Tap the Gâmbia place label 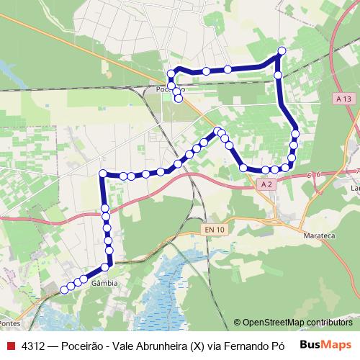pyautogui.click(x=104, y=284)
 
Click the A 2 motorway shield pyautogui.click(x=266, y=184)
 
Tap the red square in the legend pyautogui.click(x=11, y=345)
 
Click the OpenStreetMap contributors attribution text pyautogui.click(x=297, y=322)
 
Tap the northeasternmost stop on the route pyautogui.click(x=282, y=50)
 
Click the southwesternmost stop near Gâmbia pyautogui.click(x=64, y=289)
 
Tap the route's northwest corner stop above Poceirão pyautogui.click(x=171, y=73)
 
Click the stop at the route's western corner pyautogui.click(x=103, y=174)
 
